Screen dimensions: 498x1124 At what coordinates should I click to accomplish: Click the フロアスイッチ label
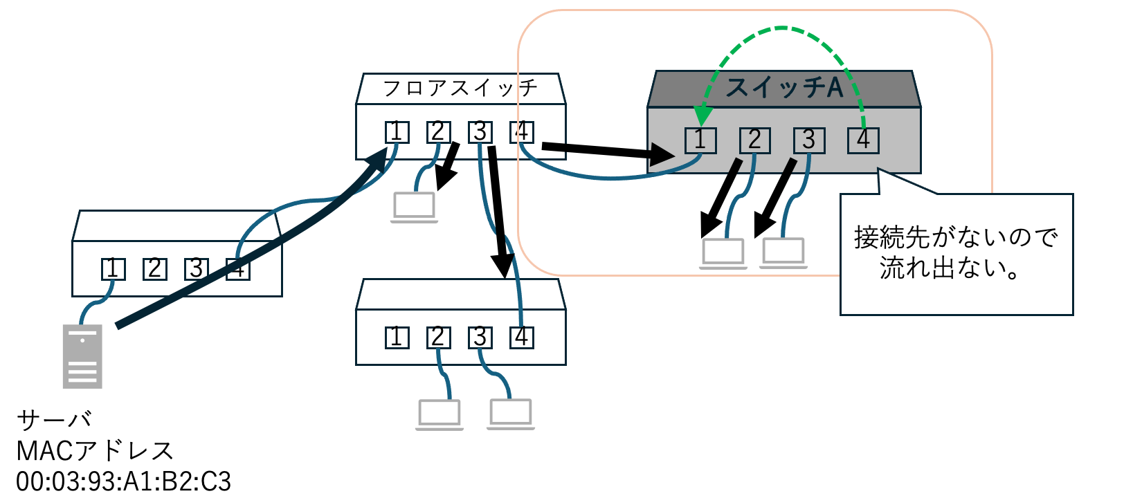click(x=460, y=88)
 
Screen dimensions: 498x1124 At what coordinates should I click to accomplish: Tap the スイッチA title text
click(x=784, y=88)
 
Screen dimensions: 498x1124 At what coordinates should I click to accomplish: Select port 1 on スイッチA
click(x=700, y=140)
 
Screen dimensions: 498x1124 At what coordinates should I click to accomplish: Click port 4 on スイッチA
click(x=863, y=140)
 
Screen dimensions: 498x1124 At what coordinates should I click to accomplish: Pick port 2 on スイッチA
click(x=754, y=140)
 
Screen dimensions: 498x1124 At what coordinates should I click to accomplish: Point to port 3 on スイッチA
click(x=808, y=140)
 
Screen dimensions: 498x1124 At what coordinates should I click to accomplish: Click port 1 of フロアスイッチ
click(x=397, y=131)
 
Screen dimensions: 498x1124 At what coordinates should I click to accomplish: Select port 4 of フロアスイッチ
click(x=522, y=131)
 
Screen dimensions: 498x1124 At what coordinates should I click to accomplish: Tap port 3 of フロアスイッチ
click(x=480, y=131)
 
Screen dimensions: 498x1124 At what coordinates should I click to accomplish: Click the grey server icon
click(x=82, y=356)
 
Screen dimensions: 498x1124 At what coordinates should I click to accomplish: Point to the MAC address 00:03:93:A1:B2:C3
click(x=124, y=481)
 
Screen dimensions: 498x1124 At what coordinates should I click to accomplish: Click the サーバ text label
click(x=54, y=420)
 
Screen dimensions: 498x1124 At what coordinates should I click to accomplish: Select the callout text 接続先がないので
click(x=956, y=237)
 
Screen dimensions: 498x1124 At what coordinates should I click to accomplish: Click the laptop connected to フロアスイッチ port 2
click(x=414, y=207)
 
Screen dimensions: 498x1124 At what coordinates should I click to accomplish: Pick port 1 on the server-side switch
click(x=113, y=268)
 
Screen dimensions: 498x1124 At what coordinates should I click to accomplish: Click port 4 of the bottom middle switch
click(x=522, y=338)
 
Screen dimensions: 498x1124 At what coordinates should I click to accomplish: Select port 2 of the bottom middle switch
click(x=438, y=338)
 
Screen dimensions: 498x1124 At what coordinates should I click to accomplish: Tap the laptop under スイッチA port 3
click(x=783, y=252)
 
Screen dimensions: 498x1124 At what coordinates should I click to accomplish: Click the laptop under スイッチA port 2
click(x=723, y=253)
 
